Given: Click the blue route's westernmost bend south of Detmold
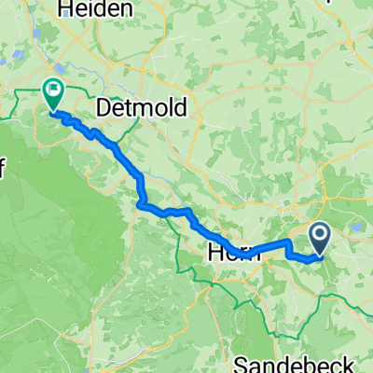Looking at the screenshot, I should (x=140, y=203).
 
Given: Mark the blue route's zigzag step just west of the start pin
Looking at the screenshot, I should (x=286, y=250).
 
